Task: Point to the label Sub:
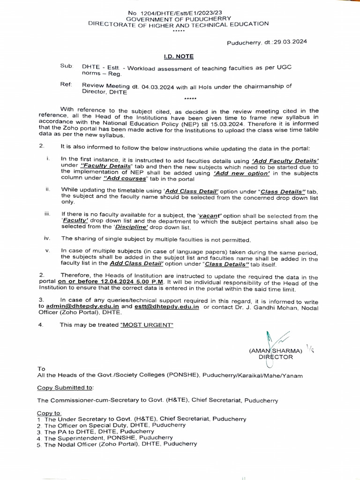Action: pyautogui.click(x=67, y=66)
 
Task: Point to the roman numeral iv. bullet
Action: pyautogui.click(x=47, y=239)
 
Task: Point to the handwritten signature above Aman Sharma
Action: pyautogui.click(x=272, y=338)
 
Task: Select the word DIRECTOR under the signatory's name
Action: pyautogui.click(x=276, y=357)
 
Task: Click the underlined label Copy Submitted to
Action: pyautogui.click(x=65, y=388)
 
